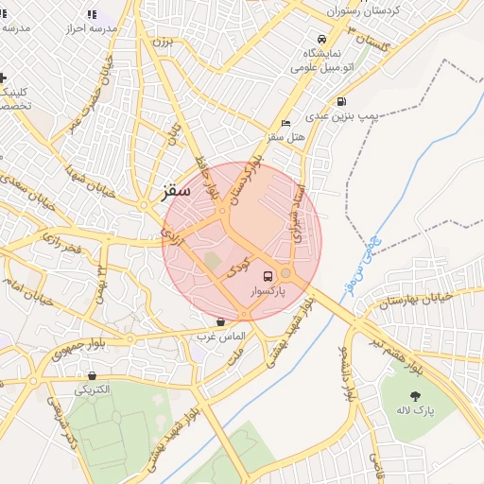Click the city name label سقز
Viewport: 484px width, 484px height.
pyautogui.click(x=176, y=190)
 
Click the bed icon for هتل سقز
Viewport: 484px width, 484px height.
pyautogui.click(x=286, y=123)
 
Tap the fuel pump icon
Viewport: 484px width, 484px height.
pyautogui.click(x=340, y=101)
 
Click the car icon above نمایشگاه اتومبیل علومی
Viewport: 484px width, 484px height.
pyautogui.click(x=322, y=40)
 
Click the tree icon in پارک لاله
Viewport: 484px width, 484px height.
pyautogui.click(x=414, y=394)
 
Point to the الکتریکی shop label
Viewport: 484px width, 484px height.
pyautogui.click(x=93, y=389)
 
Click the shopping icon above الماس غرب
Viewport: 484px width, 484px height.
pyautogui.click(x=220, y=321)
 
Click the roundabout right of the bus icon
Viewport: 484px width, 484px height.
pyautogui.click(x=285, y=273)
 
